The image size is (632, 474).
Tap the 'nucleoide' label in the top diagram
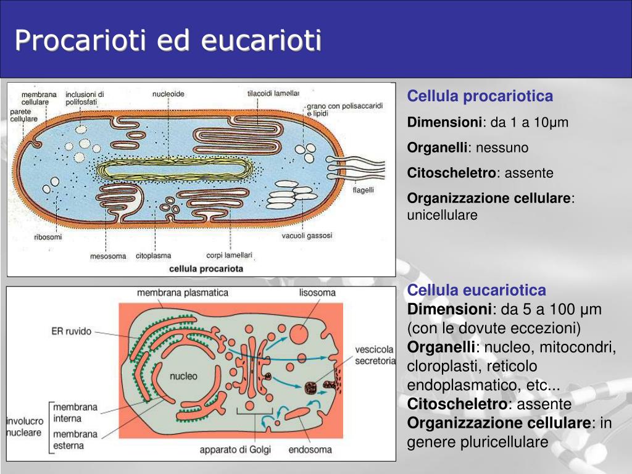(x=168, y=94)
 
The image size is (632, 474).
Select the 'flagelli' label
(x=363, y=190)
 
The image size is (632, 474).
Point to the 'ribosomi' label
(x=48, y=237)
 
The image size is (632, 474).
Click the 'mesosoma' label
(x=107, y=256)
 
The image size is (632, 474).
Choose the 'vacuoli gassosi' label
(x=307, y=236)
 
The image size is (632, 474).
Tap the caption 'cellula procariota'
(x=206, y=269)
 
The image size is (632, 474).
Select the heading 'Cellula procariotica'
(x=480, y=96)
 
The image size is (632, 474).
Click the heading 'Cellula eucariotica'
(x=476, y=290)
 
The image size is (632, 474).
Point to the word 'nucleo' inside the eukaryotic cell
(x=183, y=375)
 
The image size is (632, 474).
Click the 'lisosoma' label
(x=317, y=293)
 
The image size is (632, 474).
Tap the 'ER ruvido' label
(x=71, y=331)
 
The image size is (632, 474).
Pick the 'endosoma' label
(x=310, y=449)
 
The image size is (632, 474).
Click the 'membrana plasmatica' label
(x=183, y=293)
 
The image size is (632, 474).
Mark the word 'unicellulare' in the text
(x=442, y=215)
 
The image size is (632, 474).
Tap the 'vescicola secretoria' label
(x=375, y=355)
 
